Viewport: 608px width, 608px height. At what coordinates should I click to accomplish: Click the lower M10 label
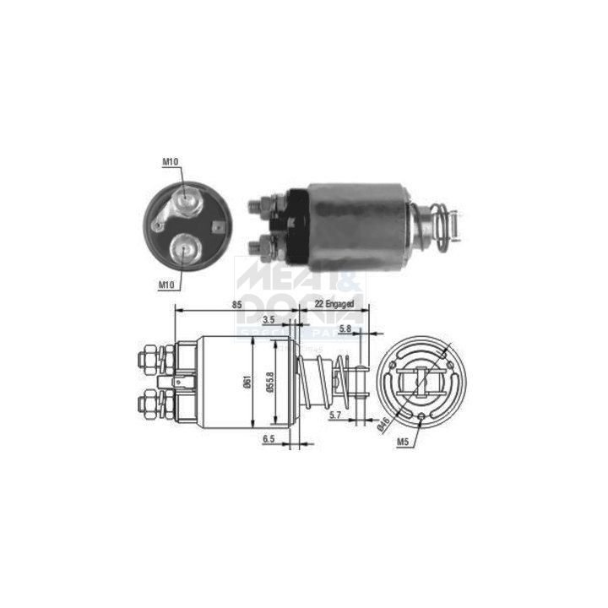coord(166,285)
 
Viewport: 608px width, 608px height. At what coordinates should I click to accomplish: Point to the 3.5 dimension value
coord(269,319)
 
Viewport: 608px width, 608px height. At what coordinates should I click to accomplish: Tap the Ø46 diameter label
coord(383,424)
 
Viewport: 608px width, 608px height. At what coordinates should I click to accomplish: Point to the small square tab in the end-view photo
coord(220,226)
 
